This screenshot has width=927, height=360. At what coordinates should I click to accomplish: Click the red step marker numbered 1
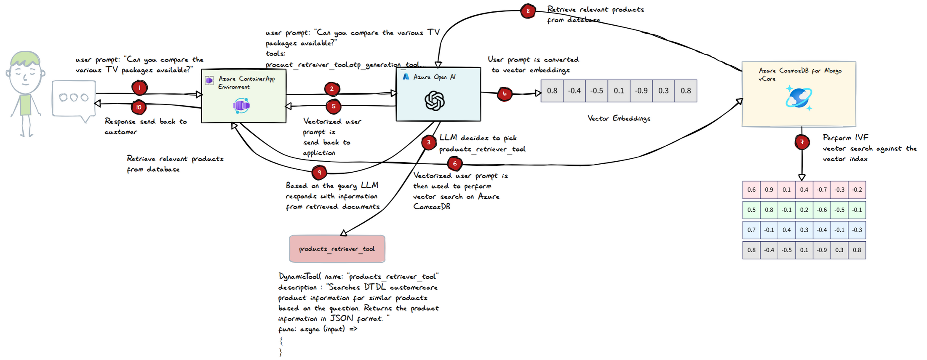coord(139,88)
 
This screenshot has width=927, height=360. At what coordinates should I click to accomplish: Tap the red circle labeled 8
coord(528,11)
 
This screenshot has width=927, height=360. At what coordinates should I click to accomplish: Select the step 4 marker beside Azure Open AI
coord(505,94)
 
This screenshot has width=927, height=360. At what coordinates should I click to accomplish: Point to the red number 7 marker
coord(802,142)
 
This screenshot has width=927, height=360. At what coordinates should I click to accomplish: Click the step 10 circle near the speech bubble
coord(139,107)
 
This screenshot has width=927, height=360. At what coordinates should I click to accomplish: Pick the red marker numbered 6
coord(454,163)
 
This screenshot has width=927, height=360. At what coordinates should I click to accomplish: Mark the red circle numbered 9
coord(319,172)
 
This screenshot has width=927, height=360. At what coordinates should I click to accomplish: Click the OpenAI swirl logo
coord(435,101)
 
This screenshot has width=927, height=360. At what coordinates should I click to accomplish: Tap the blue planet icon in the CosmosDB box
coord(799,98)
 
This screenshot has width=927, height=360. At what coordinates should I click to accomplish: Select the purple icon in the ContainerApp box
coord(241,105)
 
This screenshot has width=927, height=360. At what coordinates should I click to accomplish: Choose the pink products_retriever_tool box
coord(337,249)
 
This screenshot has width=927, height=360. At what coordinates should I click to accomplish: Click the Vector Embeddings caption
coord(619,118)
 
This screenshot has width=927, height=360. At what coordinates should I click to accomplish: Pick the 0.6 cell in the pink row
coord(751,189)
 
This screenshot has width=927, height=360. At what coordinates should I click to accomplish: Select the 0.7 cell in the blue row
coord(751,230)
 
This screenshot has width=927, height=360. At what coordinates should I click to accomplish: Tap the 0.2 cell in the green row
coord(804,210)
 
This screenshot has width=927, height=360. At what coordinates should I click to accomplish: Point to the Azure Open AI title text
coord(434,77)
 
